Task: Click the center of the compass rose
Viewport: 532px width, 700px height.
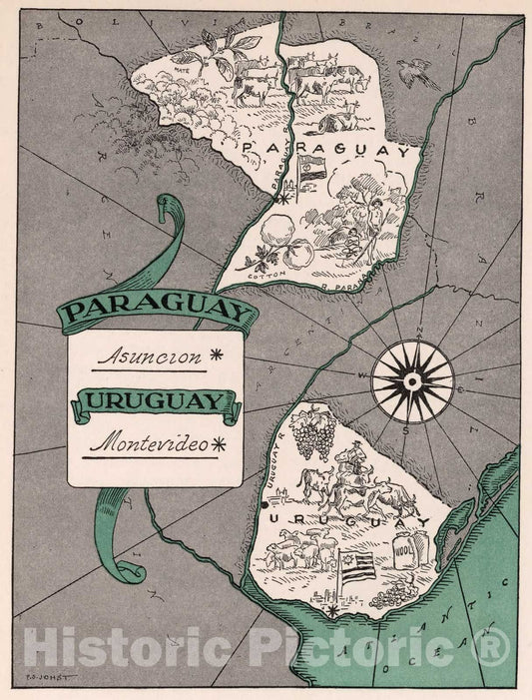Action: [x=411, y=380]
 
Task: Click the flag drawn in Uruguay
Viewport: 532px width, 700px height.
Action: [x=356, y=566]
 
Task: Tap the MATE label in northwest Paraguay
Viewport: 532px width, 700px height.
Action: [x=183, y=71]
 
